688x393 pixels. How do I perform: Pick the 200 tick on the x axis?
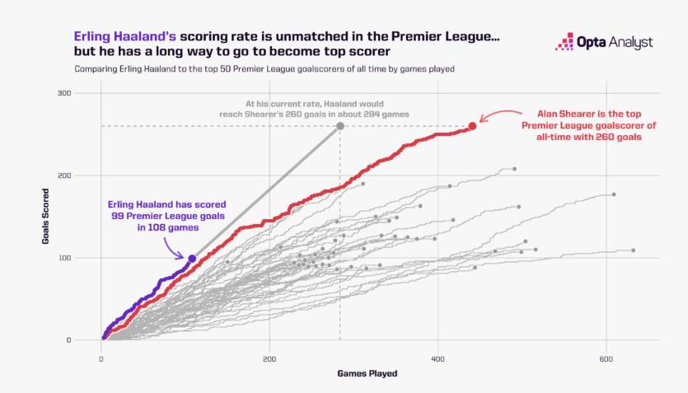[x=269, y=359]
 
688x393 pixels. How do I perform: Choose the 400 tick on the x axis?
[x=438, y=359]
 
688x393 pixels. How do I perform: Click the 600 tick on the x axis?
[x=606, y=359]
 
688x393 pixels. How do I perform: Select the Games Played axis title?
[x=367, y=373]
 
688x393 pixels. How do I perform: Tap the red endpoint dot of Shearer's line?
[x=472, y=126]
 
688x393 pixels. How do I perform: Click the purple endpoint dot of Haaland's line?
[x=192, y=259]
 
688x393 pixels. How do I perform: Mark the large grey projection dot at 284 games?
[x=340, y=126]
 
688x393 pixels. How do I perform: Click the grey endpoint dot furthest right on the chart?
[x=633, y=250]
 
